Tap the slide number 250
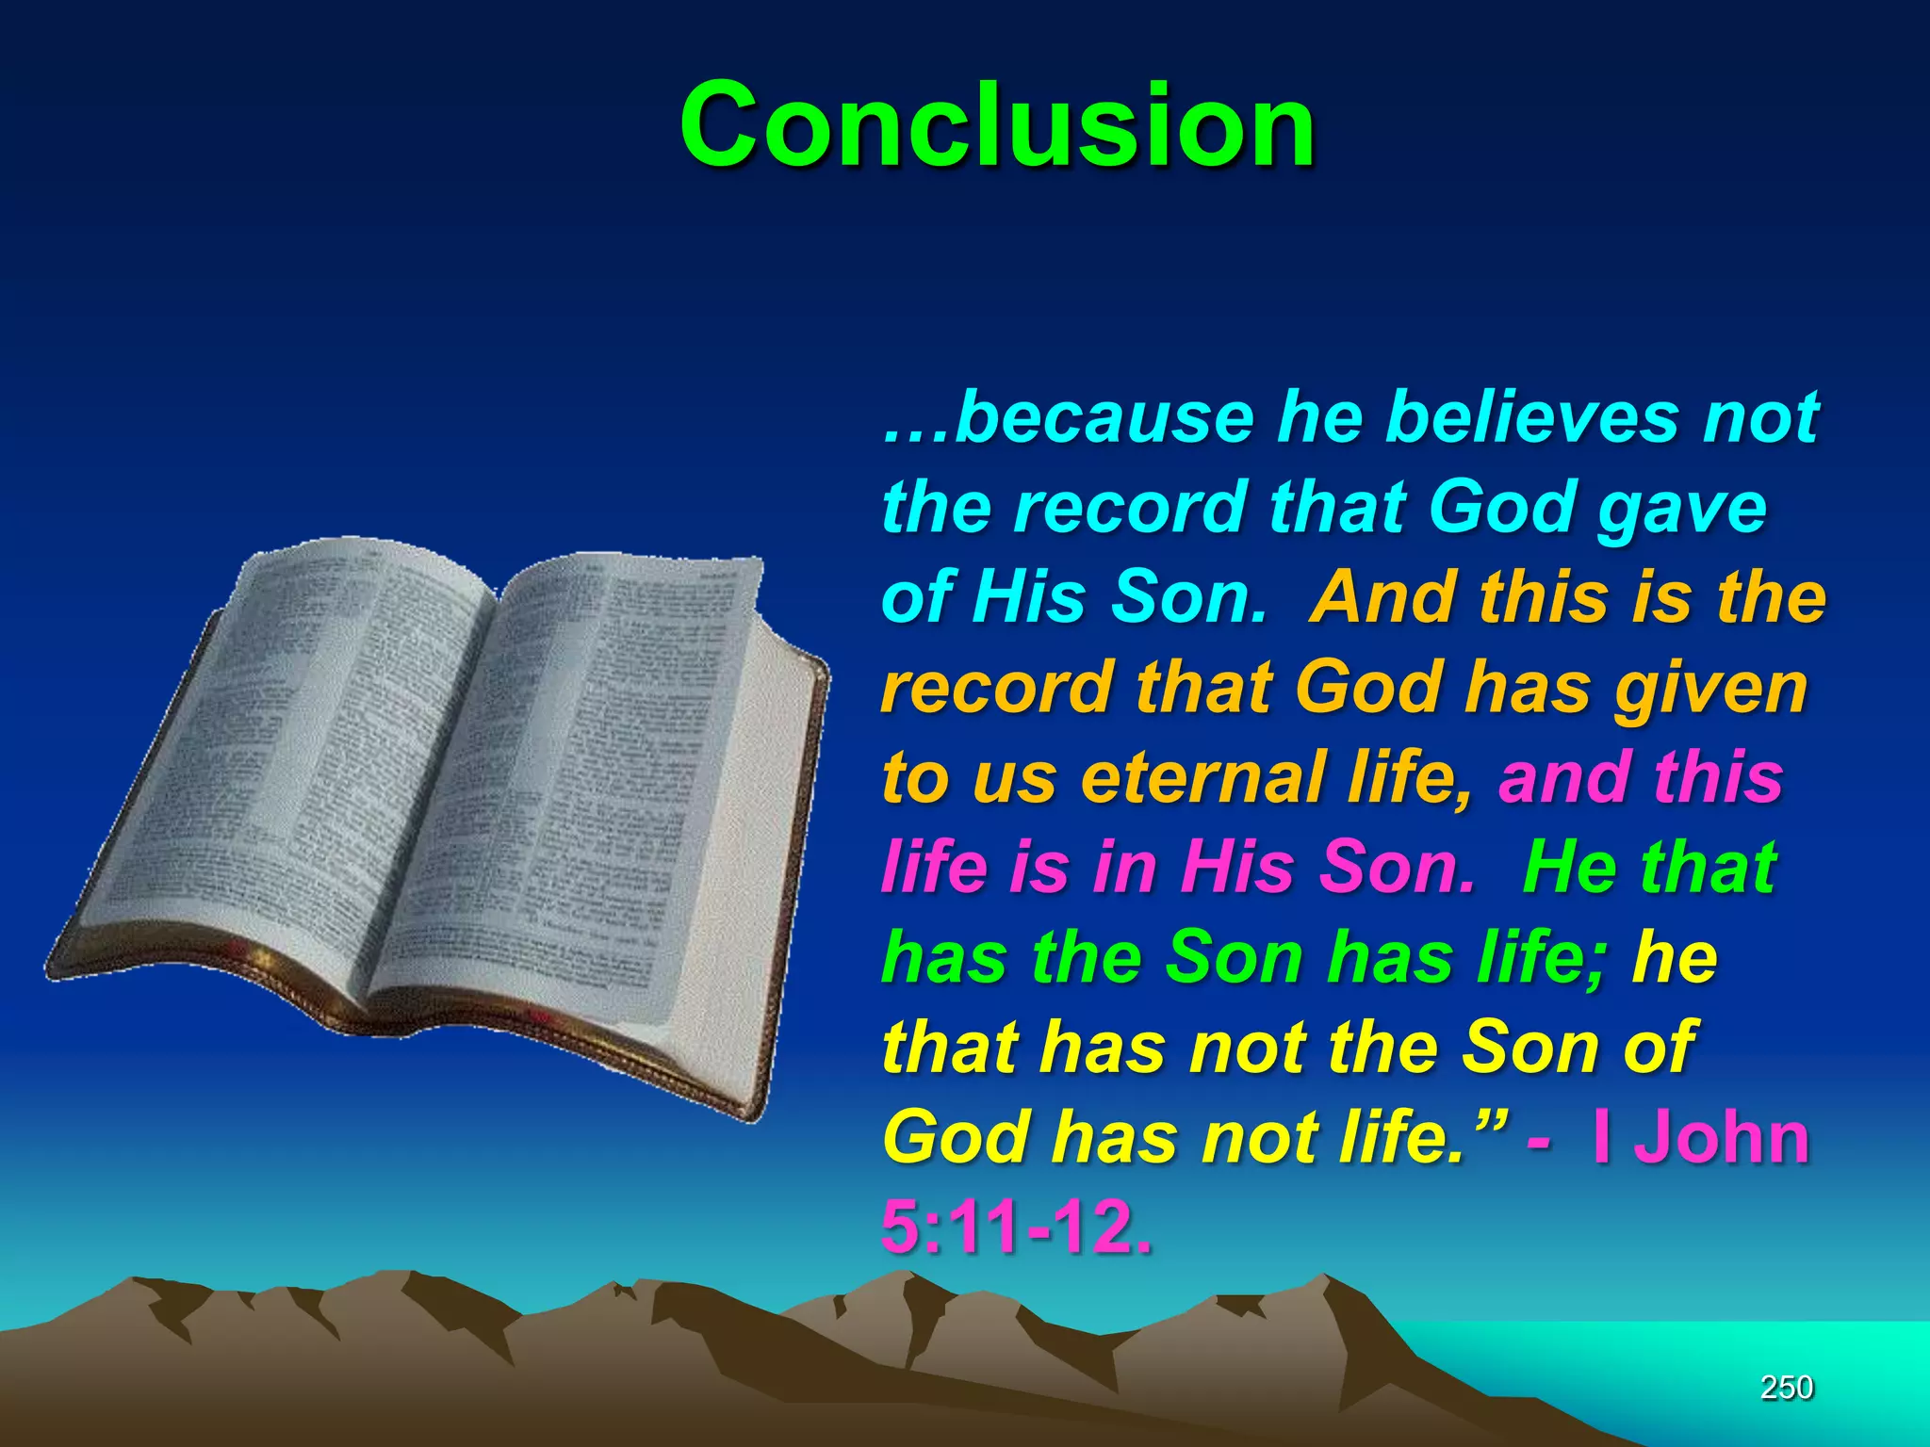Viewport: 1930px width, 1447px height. pos(1787,1387)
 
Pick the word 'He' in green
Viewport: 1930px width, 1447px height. pos(1568,868)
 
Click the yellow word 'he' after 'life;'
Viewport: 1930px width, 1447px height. pos(1676,958)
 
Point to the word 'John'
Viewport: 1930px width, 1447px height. pos(1721,1138)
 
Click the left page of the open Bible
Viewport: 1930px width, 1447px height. pos(311,754)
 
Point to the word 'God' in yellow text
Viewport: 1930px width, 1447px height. pos(956,1138)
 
